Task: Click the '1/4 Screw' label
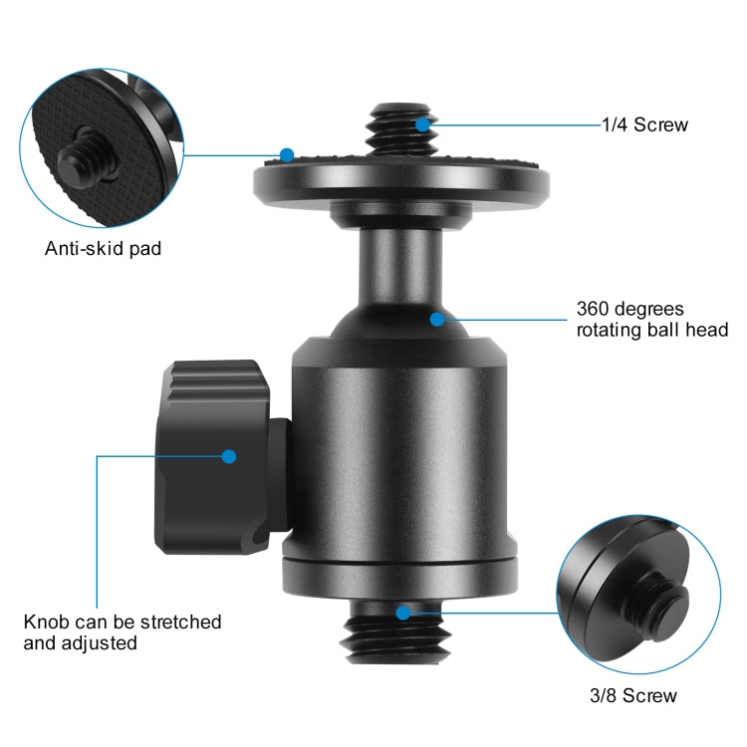(x=644, y=125)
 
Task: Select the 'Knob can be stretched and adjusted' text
(x=123, y=632)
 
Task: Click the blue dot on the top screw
(x=423, y=124)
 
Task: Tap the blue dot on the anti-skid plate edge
(x=287, y=155)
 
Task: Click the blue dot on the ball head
(x=436, y=319)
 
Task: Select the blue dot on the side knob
(x=229, y=456)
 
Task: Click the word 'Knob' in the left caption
(x=46, y=622)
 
